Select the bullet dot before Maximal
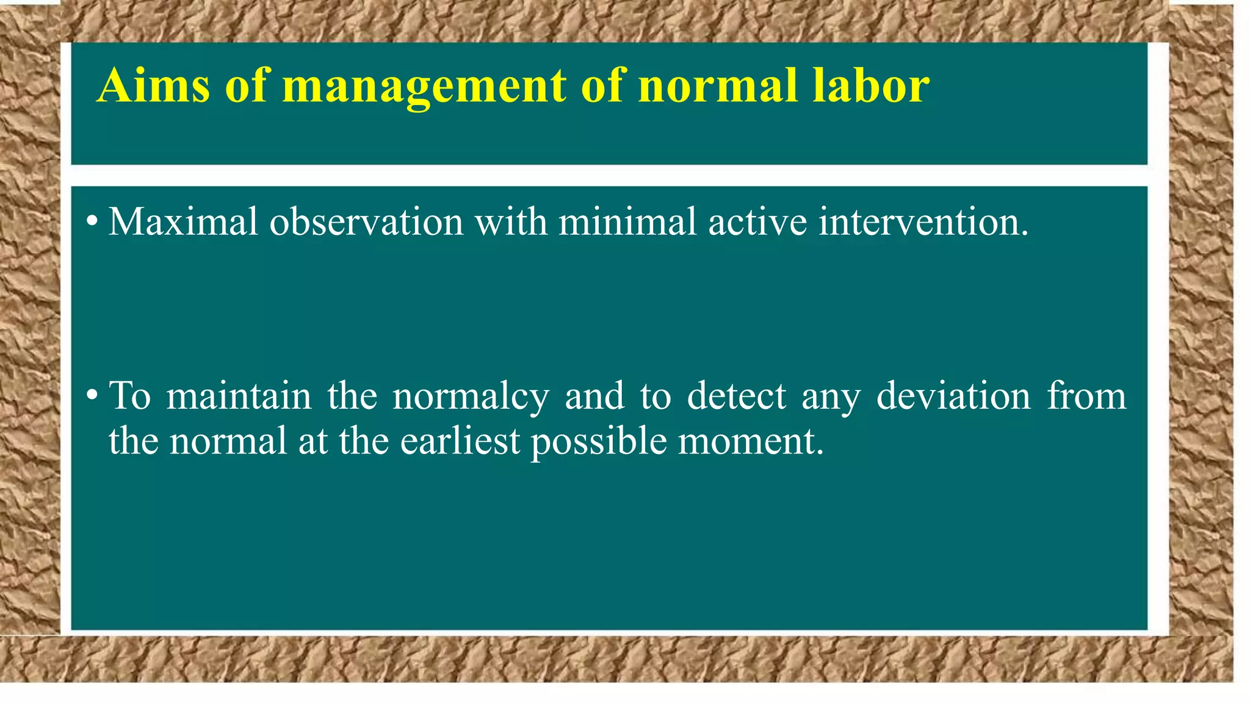(92, 221)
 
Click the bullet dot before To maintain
(92, 395)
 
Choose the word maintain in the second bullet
(239, 396)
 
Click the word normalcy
(470, 397)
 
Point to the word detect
(736, 396)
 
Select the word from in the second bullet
(1086, 396)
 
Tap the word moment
(750, 441)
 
